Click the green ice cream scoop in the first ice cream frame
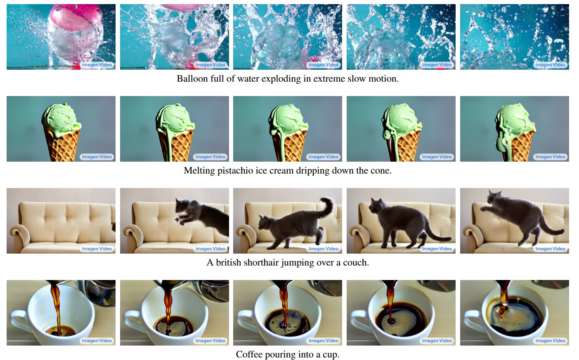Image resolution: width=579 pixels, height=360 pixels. point(61,118)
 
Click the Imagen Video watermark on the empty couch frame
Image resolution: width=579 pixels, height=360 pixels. point(97,249)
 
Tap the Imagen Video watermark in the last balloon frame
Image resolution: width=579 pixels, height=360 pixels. point(550,65)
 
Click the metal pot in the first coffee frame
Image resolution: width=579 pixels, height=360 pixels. point(100,292)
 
